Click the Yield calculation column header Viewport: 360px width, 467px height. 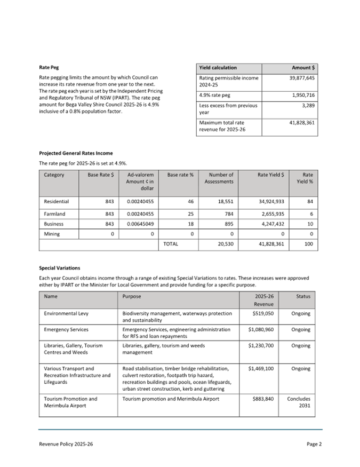coord(218,68)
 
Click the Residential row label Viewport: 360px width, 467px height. coord(57,202)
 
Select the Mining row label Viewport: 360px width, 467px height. coord(52,234)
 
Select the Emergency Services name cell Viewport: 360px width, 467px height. coord(66,330)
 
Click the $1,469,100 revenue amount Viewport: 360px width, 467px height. coord(261,368)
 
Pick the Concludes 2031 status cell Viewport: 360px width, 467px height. coord(299,402)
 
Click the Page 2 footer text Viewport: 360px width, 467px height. coord(314,444)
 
